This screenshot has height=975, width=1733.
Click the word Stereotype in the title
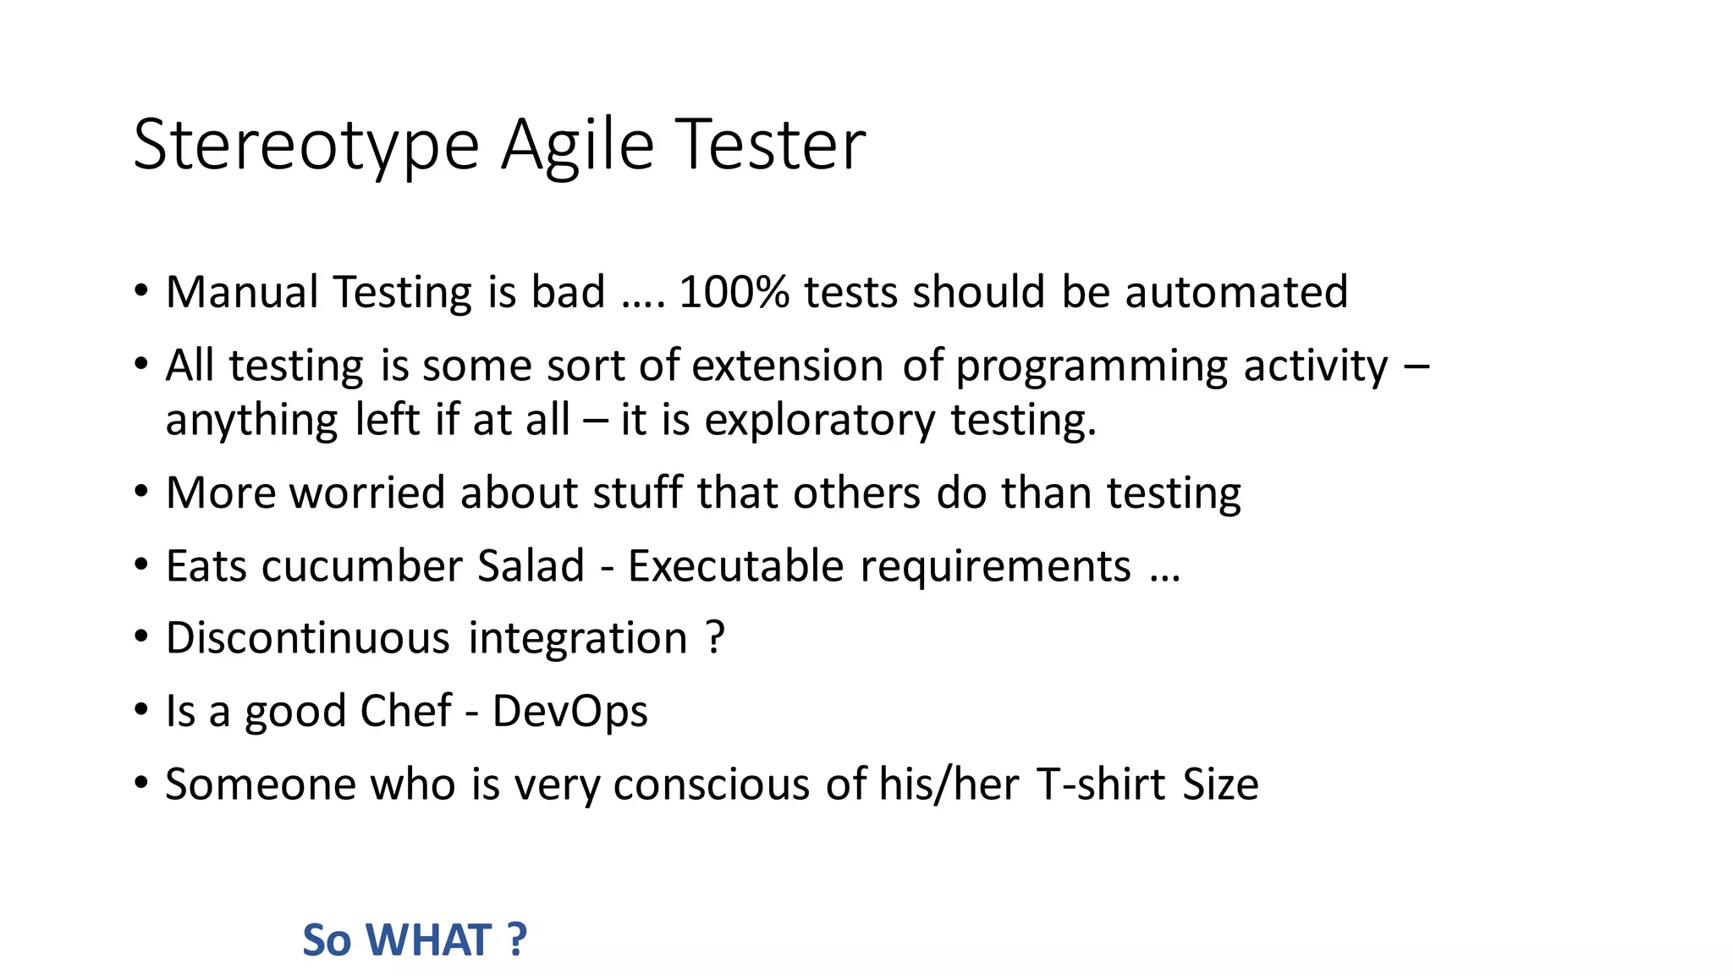coord(306,146)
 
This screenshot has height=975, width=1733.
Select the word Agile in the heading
coord(577,146)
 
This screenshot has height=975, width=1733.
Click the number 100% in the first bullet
coord(734,292)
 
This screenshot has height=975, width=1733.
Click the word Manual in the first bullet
coord(241,292)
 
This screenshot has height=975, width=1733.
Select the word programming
coord(1092,366)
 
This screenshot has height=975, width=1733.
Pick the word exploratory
coord(820,420)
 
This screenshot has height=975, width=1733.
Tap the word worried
coord(367,493)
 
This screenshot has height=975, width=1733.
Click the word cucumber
coord(362,565)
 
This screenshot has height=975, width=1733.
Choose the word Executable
coord(735,565)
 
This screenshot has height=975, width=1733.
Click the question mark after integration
coord(715,638)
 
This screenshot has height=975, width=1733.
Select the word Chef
coord(405,711)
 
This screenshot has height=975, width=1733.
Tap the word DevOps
coord(569,711)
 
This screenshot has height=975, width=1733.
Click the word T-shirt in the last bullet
coord(1101,784)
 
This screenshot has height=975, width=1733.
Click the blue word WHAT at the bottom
coord(429,939)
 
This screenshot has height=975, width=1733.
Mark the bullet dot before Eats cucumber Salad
coord(141,564)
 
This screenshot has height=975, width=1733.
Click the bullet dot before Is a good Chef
coord(141,709)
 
